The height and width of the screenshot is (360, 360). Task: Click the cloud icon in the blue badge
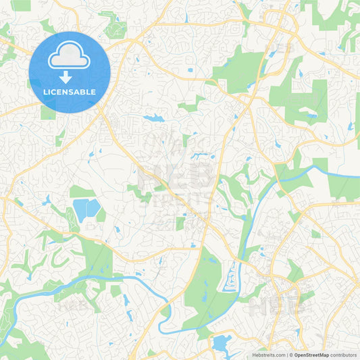point(70,56)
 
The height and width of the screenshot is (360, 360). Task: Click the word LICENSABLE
point(70,92)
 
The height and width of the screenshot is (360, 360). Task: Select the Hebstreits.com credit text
point(268,354)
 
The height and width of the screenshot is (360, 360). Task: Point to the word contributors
point(343,354)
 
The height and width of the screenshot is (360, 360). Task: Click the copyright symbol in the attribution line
point(291,354)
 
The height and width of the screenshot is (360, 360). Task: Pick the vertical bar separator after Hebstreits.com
point(286,354)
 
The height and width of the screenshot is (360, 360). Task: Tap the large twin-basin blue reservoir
point(86,210)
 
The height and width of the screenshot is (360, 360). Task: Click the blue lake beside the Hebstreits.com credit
point(221,344)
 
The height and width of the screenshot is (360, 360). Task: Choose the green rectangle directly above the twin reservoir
point(82,192)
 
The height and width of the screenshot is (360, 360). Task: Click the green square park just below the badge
point(48,112)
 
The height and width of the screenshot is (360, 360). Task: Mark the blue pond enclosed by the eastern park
point(311,115)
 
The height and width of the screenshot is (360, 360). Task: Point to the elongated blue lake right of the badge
point(153,119)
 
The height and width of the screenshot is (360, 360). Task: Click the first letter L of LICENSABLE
point(45,92)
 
